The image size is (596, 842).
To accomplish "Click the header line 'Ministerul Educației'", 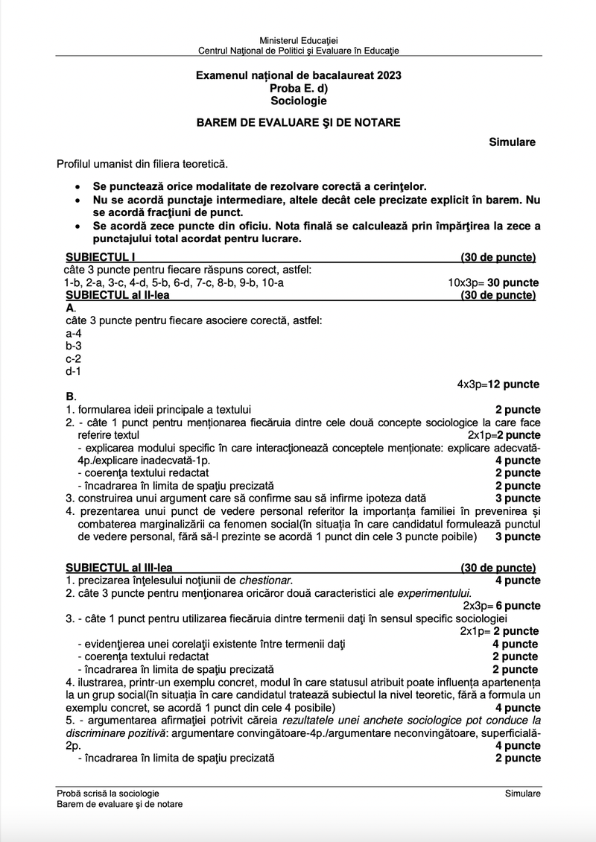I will pos(298,39).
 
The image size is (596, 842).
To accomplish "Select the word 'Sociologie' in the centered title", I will pos(298,101).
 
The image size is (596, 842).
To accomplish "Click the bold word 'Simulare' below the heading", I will pos(512,142).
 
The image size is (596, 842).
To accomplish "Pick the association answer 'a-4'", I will pos(73,333).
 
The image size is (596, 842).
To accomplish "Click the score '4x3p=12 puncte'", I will pos(498,384).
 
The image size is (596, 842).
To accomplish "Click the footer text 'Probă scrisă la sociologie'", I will pos(107,794).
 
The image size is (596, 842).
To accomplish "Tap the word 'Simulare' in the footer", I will pos(522,794).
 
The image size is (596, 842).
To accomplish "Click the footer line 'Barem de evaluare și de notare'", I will pos(119,805).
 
